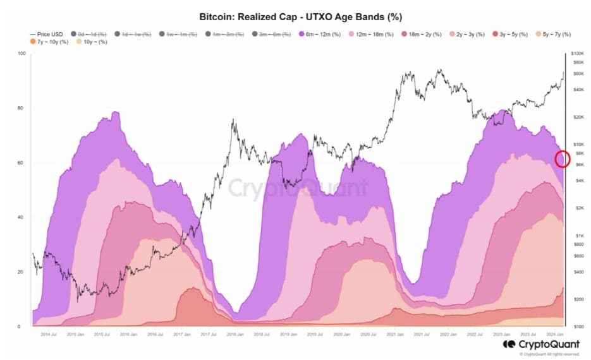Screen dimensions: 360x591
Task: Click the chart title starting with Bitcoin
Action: [296, 16]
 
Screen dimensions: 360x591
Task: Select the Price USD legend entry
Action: [48, 33]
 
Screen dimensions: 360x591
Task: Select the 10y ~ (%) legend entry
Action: [93, 42]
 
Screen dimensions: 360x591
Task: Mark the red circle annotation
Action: [562, 159]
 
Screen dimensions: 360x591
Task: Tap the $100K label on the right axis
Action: [578, 54]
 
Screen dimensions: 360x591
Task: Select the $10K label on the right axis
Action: [578, 145]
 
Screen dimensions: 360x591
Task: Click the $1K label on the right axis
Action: [578, 236]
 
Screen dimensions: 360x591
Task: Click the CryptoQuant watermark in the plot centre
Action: [297, 188]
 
